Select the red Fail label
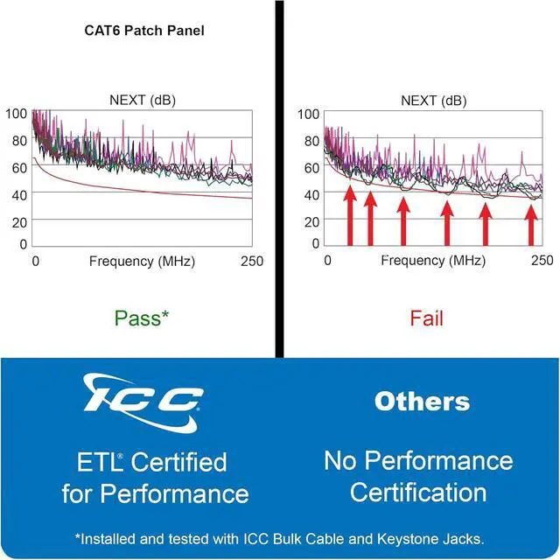tap(427, 317)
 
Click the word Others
tap(422, 402)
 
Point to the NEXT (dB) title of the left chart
tap(143, 100)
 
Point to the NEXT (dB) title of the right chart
tap(435, 100)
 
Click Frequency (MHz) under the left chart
tap(142, 261)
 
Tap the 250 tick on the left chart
tap(251, 261)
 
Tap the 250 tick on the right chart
tap(542, 261)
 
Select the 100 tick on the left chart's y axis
tap(16, 114)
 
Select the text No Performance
tap(418, 460)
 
